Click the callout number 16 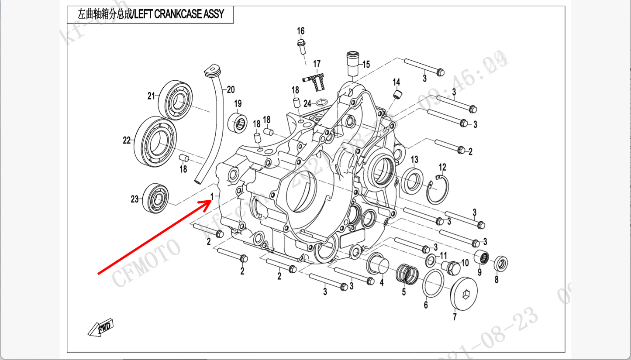[x=301, y=31]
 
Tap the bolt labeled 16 [x=301, y=45]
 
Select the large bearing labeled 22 [x=155, y=141]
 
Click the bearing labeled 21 [x=175, y=100]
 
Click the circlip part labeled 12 [x=437, y=189]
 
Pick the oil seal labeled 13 [x=412, y=180]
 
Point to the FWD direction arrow [x=100, y=327]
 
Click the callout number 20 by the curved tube [x=231, y=90]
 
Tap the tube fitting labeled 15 [x=352, y=64]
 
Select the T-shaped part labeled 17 [x=315, y=79]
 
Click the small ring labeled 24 [x=321, y=102]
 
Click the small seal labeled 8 [x=501, y=264]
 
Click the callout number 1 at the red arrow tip [x=212, y=197]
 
